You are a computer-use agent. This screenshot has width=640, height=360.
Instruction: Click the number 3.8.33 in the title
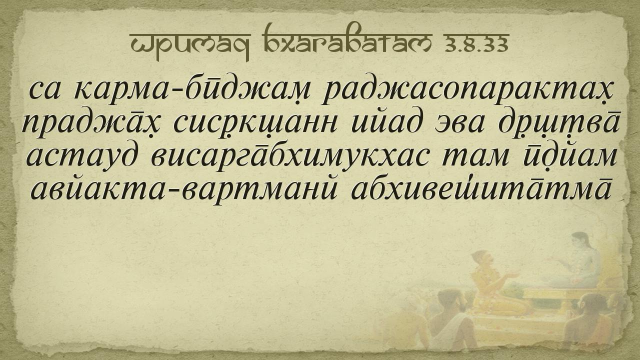click(476, 43)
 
